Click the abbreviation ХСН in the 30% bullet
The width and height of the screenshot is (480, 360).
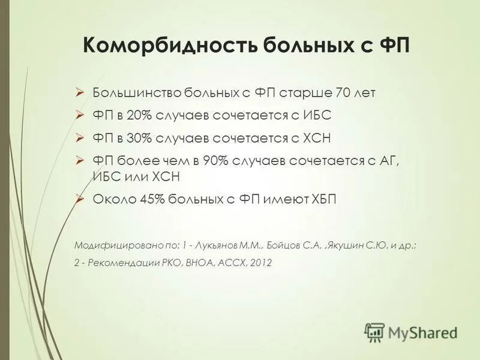click(x=315, y=138)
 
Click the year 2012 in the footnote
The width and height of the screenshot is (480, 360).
click(x=260, y=262)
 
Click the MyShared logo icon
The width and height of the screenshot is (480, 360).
click(x=375, y=331)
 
